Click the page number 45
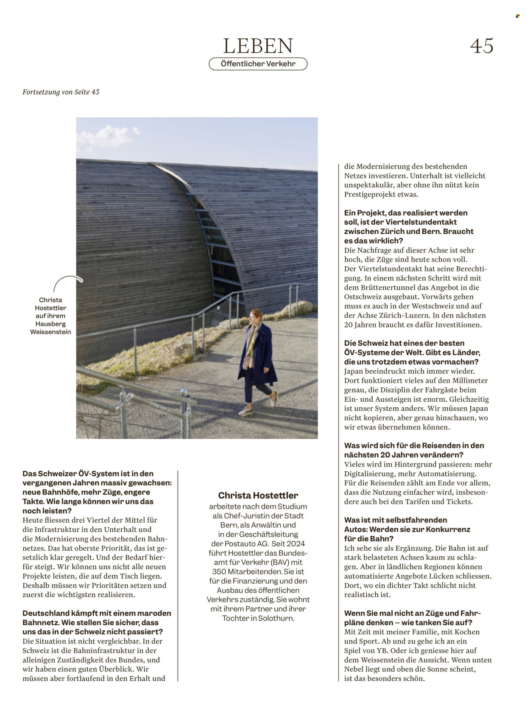tap(482, 46)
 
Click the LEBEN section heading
tap(258, 46)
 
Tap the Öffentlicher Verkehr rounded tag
tap(258, 64)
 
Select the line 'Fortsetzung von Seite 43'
tap(61, 92)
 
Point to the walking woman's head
tap(256, 316)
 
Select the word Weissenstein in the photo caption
tap(50, 332)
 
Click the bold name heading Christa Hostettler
tap(258, 495)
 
